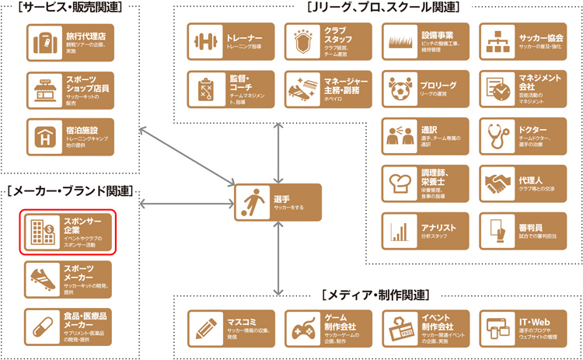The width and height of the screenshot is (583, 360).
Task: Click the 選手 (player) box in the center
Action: click(x=278, y=202)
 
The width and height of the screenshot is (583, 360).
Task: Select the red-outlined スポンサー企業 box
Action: click(x=68, y=232)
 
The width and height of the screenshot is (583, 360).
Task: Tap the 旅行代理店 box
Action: click(x=69, y=42)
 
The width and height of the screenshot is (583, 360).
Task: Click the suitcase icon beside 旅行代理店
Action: click(x=45, y=42)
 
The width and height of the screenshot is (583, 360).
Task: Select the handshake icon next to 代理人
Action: click(x=497, y=183)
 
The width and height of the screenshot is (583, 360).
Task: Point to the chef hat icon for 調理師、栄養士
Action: click(x=400, y=183)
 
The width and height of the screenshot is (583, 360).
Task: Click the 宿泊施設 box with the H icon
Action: click(x=69, y=134)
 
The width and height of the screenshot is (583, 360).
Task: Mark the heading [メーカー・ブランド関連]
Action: click(x=70, y=190)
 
